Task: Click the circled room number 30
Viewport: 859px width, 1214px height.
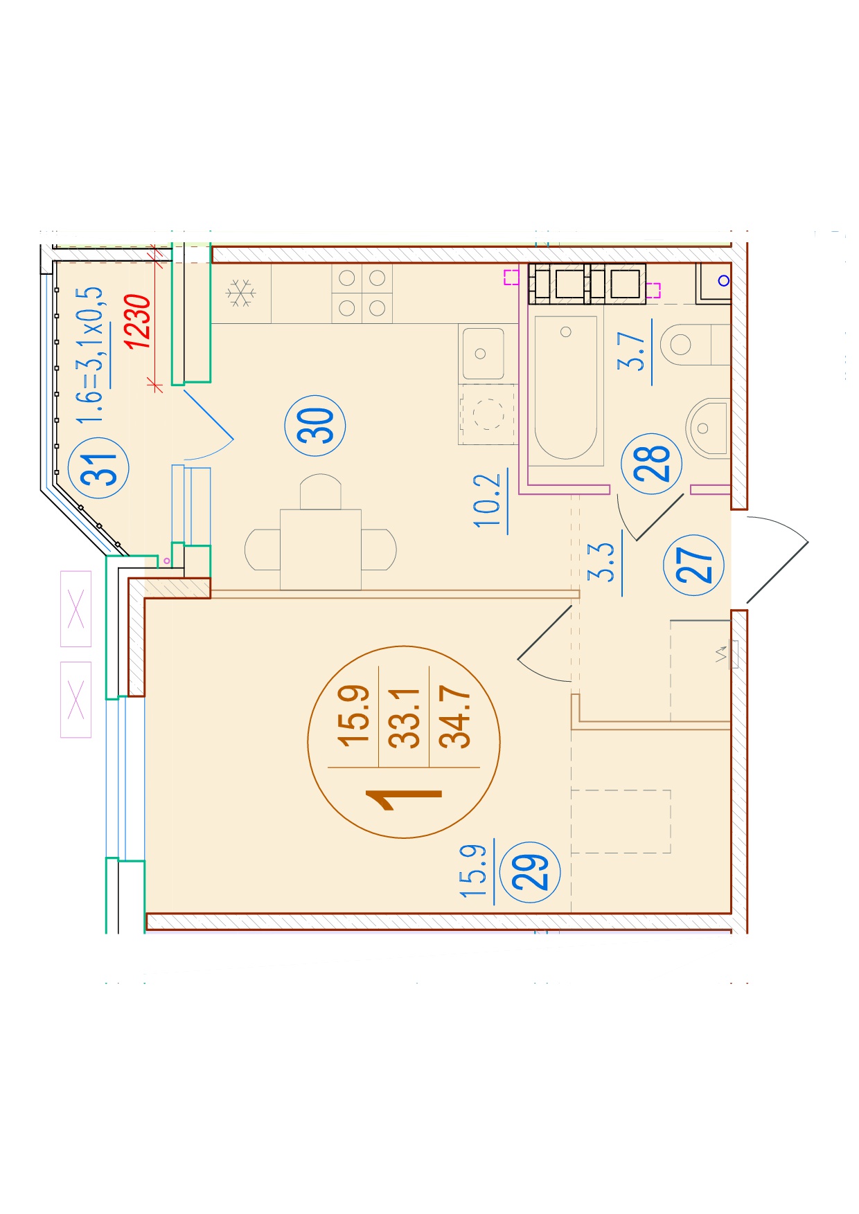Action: click(315, 425)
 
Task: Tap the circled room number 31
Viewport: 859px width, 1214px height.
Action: click(99, 468)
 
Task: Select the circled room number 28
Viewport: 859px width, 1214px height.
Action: click(652, 463)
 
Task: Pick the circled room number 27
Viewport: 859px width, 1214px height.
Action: click(693, 565)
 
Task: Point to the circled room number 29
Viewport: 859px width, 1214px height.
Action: click(530, 871)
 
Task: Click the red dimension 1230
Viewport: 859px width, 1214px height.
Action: click(137, 321)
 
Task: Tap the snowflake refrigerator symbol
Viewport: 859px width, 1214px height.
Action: click(240, 293)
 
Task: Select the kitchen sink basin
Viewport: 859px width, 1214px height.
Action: click(484, 354)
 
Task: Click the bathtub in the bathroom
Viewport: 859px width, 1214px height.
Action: click(566, 388)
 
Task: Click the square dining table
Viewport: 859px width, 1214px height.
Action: click(321, 550)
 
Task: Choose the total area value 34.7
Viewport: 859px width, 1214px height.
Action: click(455, 716)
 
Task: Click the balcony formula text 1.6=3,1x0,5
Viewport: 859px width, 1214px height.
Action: click(90, 354)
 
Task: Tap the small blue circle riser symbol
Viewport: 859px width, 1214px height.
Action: click(724, 280)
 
